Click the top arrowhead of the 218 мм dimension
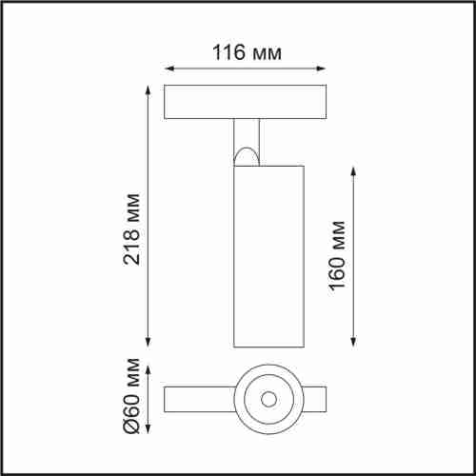149,89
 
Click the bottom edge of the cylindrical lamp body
267,346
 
